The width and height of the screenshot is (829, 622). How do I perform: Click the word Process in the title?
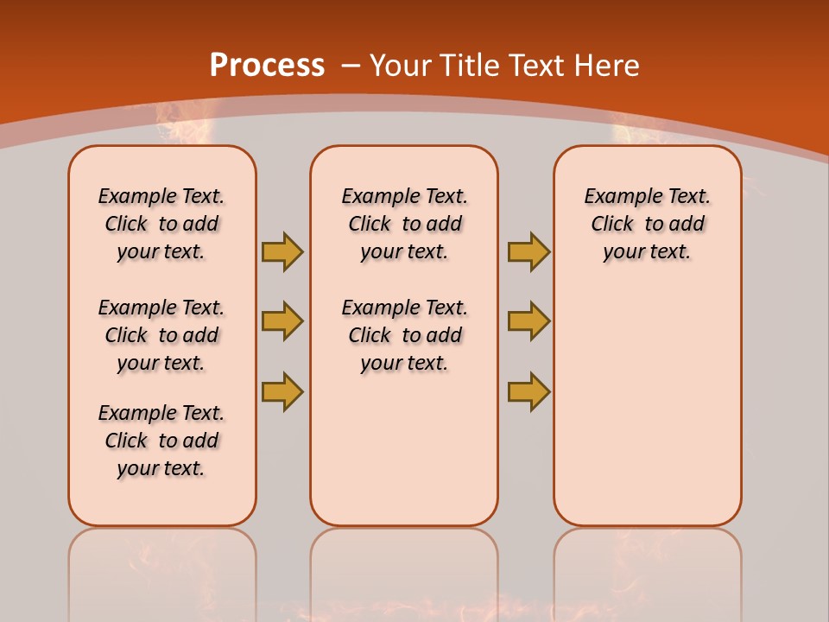(267, 65)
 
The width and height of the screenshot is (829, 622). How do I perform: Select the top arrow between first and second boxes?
(282, 251)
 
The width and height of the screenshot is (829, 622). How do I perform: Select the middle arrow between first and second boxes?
(282, 321)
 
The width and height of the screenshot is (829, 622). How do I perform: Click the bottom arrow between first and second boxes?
(282, 390)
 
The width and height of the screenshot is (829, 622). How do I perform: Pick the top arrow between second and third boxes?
(528, 251)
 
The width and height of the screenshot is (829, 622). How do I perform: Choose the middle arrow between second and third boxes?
(528, 321)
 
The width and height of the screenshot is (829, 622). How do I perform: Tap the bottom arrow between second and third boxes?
(528, 390)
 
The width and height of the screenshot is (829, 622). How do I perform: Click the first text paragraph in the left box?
(161, 224)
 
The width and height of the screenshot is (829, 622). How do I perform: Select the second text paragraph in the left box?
(161, 335)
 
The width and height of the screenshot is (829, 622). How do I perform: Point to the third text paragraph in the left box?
(161, 441)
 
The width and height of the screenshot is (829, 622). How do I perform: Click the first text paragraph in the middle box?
(404, 224)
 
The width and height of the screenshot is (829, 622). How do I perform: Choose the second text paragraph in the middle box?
(404, 335)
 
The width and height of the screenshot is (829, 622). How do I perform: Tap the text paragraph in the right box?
(647, 224)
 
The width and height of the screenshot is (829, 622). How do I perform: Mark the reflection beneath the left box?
(162, 570)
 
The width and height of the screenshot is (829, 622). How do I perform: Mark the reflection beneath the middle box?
(404, 570)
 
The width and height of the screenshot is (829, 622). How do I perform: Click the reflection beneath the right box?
(648, 570)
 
